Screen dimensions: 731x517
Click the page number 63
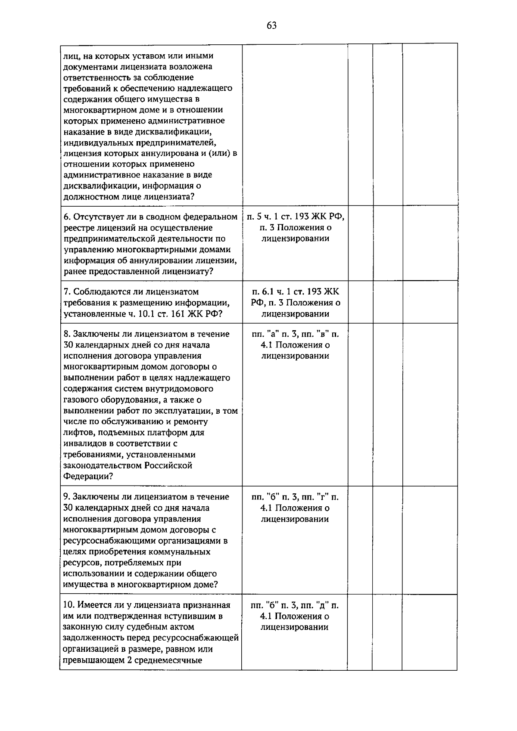pyautogui.click(x=271, y=25)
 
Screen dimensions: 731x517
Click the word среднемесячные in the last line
pyautogui.click(x=170, y=660)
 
